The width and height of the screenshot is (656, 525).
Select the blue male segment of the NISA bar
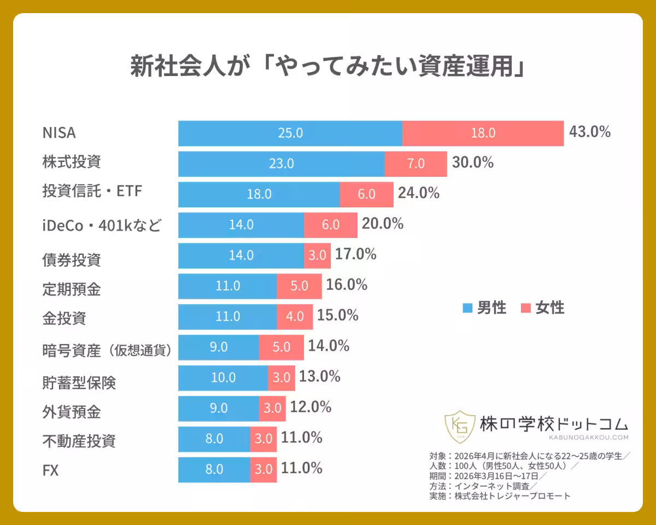click(x=290, y=133)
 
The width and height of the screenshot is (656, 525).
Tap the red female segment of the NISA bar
click(x=483, y=133)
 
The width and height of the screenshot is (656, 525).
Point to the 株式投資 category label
click(x=72, y=162)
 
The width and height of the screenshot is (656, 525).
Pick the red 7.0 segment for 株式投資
click(x=415, y=164)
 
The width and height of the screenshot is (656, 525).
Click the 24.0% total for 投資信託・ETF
click(x=418, y=193)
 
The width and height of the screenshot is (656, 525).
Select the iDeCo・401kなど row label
click(x=102, y=225)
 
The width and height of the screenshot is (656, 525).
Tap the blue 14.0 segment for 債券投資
click(x=241, y=255)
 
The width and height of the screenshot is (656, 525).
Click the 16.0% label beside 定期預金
click(x=347, y=285)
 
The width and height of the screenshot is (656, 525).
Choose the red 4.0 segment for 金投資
click(x=295, y=317)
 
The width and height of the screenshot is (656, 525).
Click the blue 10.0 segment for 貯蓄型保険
click(x=223, y=378)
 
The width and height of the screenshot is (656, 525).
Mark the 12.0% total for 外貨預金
click(x=311, y=407)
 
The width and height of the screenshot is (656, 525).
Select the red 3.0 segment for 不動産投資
click(x=263, y=439)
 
